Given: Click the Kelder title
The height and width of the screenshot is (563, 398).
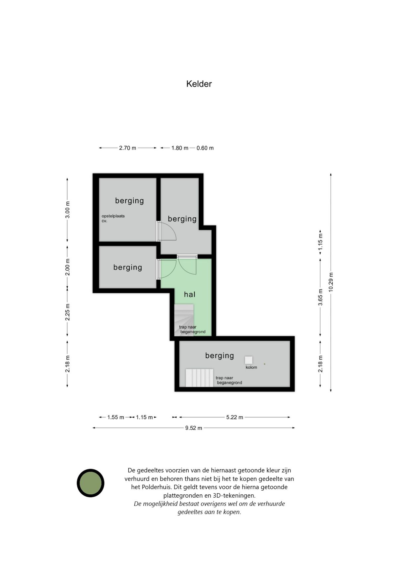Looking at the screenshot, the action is [x=199, y=84].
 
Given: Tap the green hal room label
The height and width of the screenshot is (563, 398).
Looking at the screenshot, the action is [x=189, y=294].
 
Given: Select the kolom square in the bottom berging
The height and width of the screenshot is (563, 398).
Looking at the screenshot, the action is [x=248, y=360].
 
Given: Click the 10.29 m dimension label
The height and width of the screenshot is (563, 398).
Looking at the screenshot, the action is [x=331, y=282].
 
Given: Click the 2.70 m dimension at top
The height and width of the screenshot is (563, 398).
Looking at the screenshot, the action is [x=127, y=148].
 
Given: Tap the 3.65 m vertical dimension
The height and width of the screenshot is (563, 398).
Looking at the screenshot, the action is [x=320, y=297].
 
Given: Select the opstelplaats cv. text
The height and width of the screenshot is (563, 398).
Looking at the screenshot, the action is [x=113, y=218].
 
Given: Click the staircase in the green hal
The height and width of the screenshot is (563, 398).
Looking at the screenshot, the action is [x=184, y=320].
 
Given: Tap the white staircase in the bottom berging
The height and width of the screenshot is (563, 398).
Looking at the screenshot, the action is [x=199, y=378].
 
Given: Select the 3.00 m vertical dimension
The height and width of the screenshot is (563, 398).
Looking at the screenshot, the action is [x=67, y=210].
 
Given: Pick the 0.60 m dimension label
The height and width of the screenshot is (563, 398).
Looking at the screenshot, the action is [x=205, y=148].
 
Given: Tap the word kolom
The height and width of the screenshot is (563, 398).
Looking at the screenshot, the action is [x=251, y=367].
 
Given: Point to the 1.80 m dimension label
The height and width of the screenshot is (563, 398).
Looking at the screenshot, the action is [x=180, y=148].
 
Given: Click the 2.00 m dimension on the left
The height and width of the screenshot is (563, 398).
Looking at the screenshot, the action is [x=67, y=267].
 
